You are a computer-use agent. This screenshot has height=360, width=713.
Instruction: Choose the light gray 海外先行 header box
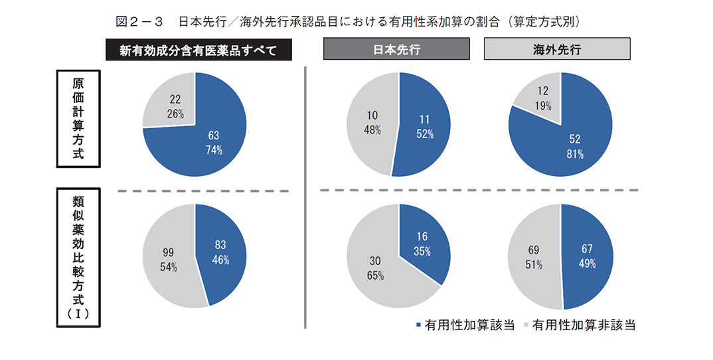coord(557,50)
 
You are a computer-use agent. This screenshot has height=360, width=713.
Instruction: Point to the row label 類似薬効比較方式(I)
coord(78,256)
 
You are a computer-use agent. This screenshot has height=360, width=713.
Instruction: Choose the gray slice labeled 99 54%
coord(167,259)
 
